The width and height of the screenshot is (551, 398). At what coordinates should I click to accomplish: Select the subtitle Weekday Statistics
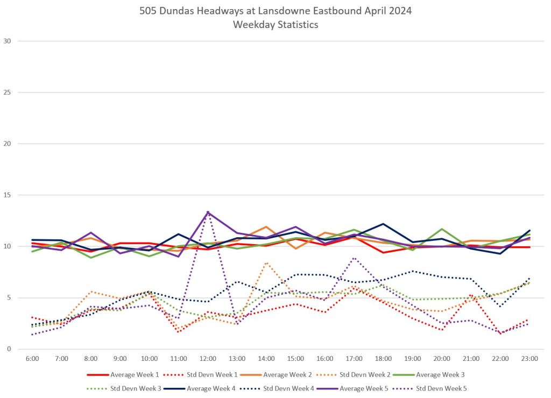275,25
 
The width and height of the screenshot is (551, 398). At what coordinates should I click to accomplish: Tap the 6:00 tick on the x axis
32,358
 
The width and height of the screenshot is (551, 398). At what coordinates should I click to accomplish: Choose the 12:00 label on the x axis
208,358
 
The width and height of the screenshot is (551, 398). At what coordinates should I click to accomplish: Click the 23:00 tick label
530,358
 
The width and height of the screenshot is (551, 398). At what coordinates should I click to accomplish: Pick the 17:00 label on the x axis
354,358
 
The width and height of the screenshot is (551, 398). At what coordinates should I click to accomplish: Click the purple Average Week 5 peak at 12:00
208,212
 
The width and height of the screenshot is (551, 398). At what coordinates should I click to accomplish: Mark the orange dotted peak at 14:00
266,262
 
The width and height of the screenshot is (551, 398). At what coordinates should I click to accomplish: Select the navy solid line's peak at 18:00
384,224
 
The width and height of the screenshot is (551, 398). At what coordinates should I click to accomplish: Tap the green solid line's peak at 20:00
442,229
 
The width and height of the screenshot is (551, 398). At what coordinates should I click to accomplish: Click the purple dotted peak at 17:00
354,258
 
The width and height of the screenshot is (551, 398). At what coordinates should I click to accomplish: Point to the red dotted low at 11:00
179,332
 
